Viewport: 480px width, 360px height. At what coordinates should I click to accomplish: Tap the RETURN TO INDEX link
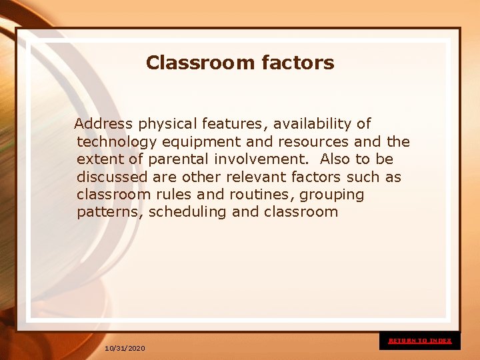click(x=420, y=341)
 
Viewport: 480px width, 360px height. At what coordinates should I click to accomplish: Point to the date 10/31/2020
click(x=125, y=349)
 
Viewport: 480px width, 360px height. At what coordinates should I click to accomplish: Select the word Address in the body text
click(x=103, y=124)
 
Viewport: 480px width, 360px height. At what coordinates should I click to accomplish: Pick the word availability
click(x=313, y=124)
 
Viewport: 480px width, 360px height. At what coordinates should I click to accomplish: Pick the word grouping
click(x=333, y=195)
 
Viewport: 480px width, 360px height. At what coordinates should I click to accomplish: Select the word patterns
click(x=108, y=213)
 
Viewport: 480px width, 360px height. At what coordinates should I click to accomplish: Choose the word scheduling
click(x=183, y=213)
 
